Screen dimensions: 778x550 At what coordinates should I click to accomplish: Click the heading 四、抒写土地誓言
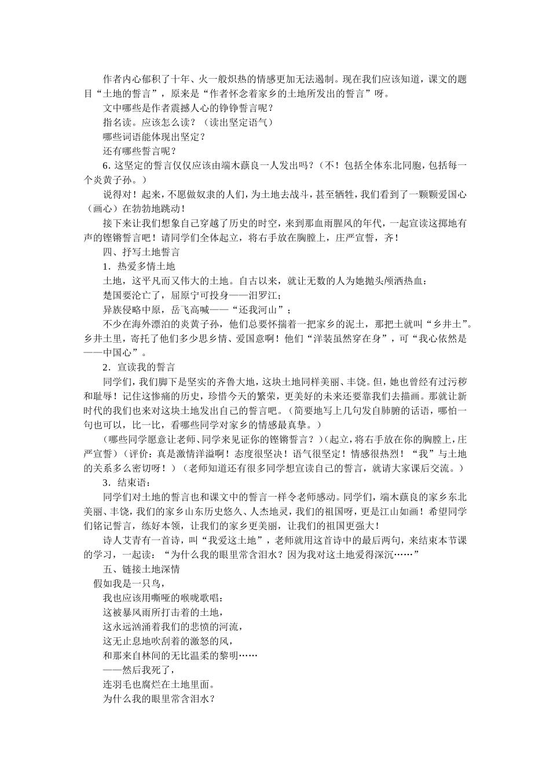pyautogui.click(x=141, y=252)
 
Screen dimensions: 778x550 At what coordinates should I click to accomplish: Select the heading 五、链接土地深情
pyautogui.click(x=141, y=568)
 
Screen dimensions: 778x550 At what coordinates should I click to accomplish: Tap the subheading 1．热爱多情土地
pyautogui.click(x=138, y=266)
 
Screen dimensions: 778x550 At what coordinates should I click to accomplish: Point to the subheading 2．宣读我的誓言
pyautogui.click(x=138, y=367)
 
